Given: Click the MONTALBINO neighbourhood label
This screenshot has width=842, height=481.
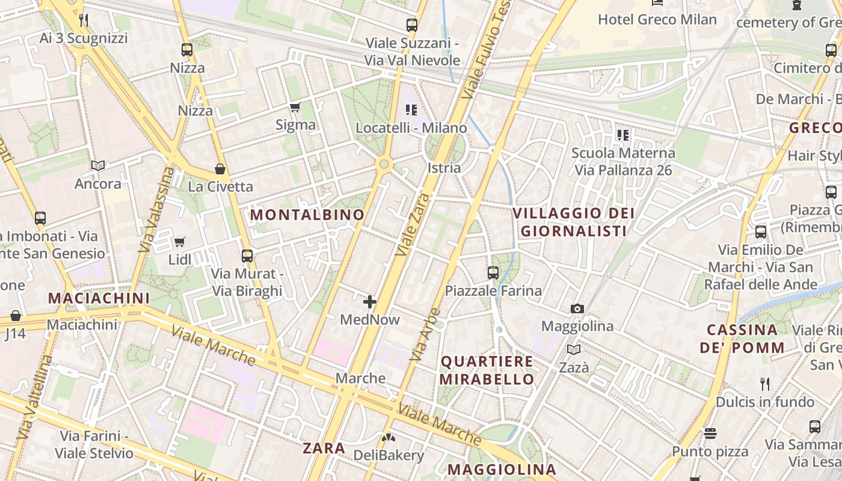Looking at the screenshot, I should (307, 215).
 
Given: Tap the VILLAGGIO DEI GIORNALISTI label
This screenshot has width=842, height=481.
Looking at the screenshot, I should (574, 222).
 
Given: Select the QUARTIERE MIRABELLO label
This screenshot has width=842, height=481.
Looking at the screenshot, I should (487, 370).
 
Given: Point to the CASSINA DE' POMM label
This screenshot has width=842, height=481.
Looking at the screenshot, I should (742, 339).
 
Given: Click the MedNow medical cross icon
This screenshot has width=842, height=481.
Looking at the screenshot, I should (370, 302).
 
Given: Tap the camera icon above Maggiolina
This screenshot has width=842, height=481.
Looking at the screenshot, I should (577, 309).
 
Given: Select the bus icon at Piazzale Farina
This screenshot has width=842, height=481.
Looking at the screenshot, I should (493, 273).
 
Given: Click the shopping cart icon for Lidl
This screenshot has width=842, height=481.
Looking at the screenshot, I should (179, 242).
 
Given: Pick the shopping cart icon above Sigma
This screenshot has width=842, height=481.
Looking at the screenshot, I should (295, 108).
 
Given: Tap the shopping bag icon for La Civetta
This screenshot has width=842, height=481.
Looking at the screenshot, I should (220, 169).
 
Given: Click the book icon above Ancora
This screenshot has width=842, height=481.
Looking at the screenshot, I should (98, 165).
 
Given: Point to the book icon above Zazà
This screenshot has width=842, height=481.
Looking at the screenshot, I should (574, 349).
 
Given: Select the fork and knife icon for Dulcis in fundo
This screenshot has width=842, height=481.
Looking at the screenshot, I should (764, 384).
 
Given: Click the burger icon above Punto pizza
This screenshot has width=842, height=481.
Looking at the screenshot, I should (710, 434).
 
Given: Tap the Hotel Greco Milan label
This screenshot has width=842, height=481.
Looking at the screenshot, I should (657, 19).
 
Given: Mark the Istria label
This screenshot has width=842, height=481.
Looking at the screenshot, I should (444, 168).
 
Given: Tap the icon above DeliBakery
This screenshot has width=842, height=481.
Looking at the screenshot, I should (389, 438).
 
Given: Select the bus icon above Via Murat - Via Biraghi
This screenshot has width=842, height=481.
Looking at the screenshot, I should (247, 256).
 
